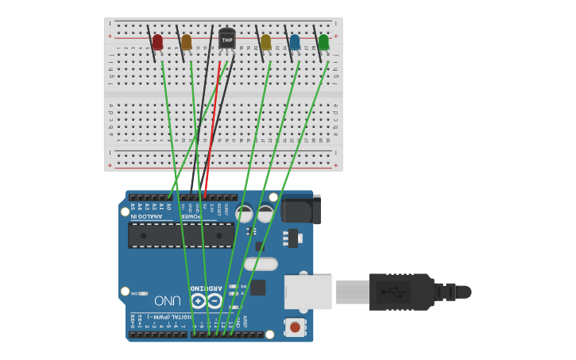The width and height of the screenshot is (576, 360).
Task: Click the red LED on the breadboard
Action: [157, 41]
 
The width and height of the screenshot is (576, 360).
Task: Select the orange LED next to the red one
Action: [186, 41]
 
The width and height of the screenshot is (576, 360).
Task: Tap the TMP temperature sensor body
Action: [227, 39]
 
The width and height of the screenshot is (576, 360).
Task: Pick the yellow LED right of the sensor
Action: [265, 41]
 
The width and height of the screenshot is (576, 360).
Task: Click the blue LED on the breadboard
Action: [295, 41]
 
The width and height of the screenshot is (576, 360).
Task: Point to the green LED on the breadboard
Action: [323, 41]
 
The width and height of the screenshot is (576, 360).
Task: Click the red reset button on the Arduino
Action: [295, 327]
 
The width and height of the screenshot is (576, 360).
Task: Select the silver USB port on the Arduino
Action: [307, 292]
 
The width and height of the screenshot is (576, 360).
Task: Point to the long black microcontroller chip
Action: [181, 235]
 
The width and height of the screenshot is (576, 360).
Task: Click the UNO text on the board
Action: [168, 301]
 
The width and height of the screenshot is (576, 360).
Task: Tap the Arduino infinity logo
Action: [206, 301]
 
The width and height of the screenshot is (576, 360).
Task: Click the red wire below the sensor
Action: [212, 127]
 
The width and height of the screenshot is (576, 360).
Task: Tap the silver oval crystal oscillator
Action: [261, 264]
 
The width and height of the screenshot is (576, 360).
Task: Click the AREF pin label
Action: [245, 320]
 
